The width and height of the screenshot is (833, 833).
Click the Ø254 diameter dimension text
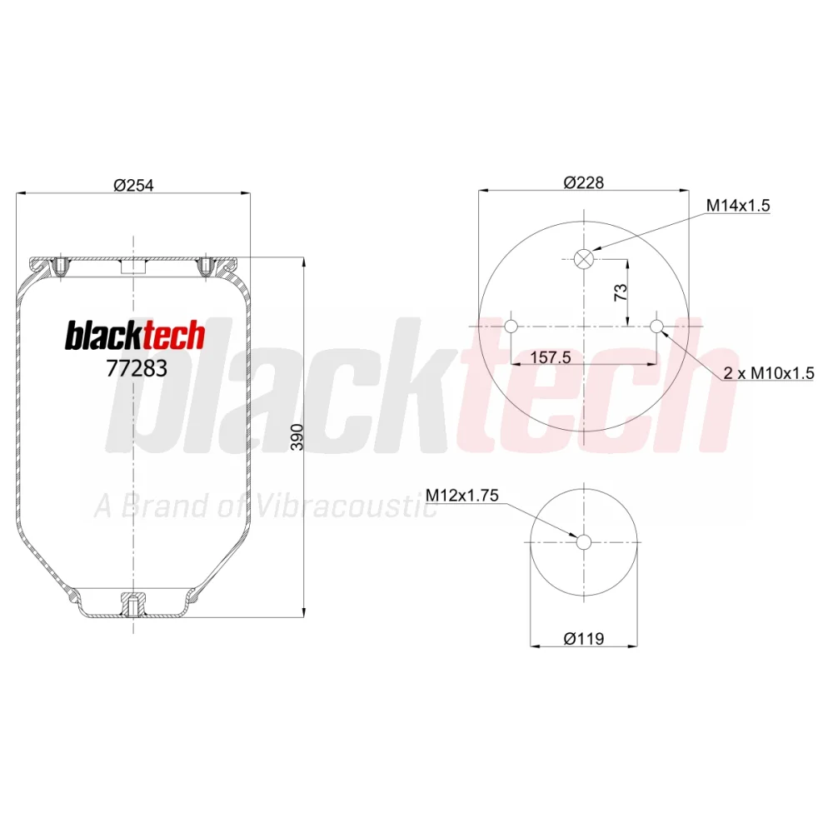pyautogui.click(x=133, y=185)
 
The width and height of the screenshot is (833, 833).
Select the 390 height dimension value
pyautogui.click(x=297, y=437)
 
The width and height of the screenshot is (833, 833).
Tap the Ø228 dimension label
pyautogui.click(x=583, y=182)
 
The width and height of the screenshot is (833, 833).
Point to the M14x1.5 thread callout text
pyautogui.click(x=738, y=205)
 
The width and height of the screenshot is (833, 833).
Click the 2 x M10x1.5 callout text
pyautogui.click(x=769, y=373)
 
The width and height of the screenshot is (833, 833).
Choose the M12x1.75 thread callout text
pyautogui.click(x=462, y=495)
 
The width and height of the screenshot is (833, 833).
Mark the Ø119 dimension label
pyautogui.click(x=583, y=638)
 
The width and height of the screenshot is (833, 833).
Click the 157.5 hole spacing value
pyautogui.click(x=551, y=357)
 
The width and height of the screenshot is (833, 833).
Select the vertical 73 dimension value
pyautogui.click(x=621, y=292)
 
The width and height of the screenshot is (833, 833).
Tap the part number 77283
pyautogui.click(x=137, y=368)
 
